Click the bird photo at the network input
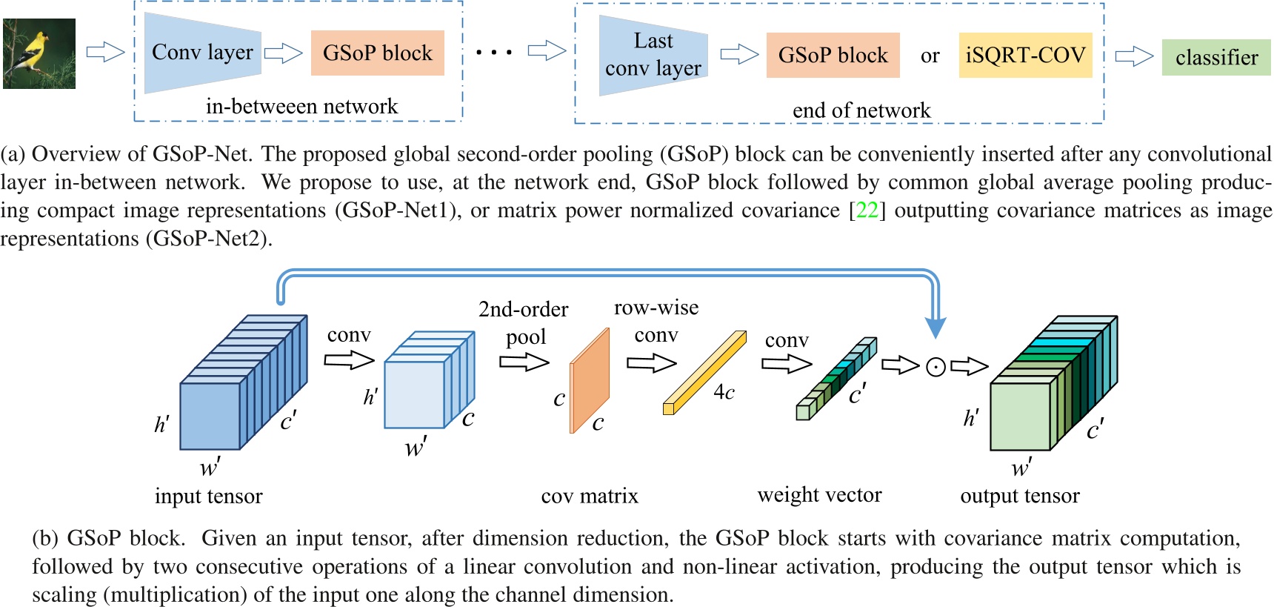click(x=39, y=54)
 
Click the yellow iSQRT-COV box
click(x=1025, y=56)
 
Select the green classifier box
click(x=1216, y=57)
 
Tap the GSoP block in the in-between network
click(x=377, y=53)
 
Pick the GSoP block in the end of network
click(x=833, y=56)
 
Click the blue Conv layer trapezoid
click(x=202, y=53)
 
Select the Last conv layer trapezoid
click(x=653, y=55)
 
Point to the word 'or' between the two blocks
click(x=930, y=56)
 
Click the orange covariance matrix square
click(x=590, y=381)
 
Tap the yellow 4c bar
click(x=704, y=373)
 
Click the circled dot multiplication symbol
click(x=936, y=367)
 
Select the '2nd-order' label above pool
click(x=523, y=309)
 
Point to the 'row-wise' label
click(x=656, y=308)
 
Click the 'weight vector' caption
click(x=819, y=495)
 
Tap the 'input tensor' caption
click(x=208, y=496)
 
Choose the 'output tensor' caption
click(x=1019, y=496)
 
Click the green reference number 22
click(x=867, y=210)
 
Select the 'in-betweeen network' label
click(x=301, y=107)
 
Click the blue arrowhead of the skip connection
click(x=936, y=327)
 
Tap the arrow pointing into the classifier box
click(x=1133, y=56)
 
